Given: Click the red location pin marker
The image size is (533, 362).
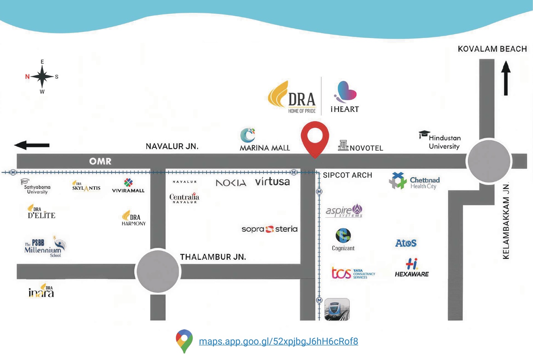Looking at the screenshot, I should click(315, 138).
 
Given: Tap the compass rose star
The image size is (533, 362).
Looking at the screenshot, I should click(42, 77).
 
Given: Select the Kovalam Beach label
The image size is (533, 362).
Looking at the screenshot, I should click(492, 49).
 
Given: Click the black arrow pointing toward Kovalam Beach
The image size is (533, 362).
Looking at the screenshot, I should click(506, 78).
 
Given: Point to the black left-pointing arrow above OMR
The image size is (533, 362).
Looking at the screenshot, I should click(32, 145).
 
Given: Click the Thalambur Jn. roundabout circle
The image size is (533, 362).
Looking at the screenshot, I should click(158, 271).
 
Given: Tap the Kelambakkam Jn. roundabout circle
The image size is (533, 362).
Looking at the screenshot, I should click(489, 161).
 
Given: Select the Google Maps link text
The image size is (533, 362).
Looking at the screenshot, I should click(278, 341).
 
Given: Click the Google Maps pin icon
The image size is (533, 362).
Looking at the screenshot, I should click(184, 341).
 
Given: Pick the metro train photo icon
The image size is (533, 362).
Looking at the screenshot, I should click(337, 309).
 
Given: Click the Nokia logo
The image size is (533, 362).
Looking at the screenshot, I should click(231, 183).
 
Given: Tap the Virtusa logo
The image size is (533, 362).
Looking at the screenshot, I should click(272, 182).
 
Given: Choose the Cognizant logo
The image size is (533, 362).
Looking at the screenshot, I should click(343, 239).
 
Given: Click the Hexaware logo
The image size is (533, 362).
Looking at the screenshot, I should click(412, 268).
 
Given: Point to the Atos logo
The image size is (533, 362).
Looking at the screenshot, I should click(406, 243).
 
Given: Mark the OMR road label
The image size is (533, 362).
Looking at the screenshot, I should click(100, 162).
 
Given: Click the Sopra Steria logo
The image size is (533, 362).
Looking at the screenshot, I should click(270, 229).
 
